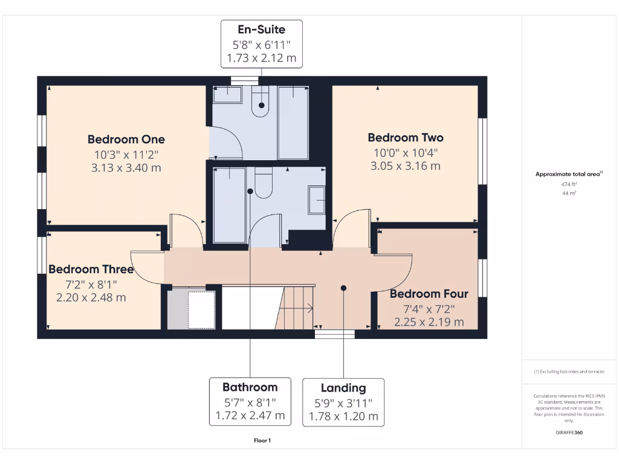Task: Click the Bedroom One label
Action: coord(126,140)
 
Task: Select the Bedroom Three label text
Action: coord(91,269)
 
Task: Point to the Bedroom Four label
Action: coord(429,294)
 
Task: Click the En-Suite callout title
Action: coord(262,30)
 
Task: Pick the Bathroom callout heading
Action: coord(250,387)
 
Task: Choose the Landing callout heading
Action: coord(343,388)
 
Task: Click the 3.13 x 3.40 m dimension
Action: coord(126,168)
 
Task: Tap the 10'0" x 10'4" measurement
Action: coord(405,152)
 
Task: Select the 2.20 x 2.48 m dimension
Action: coord(91,297)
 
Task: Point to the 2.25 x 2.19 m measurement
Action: coord(429,322)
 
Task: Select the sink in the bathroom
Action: coord(317,200)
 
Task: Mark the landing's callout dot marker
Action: coord(343,288)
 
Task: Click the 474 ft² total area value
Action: coord(568,184)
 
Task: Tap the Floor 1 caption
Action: coord(262,441)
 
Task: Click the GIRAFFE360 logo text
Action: coord(568,433)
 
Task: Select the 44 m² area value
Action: coord(568,193)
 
